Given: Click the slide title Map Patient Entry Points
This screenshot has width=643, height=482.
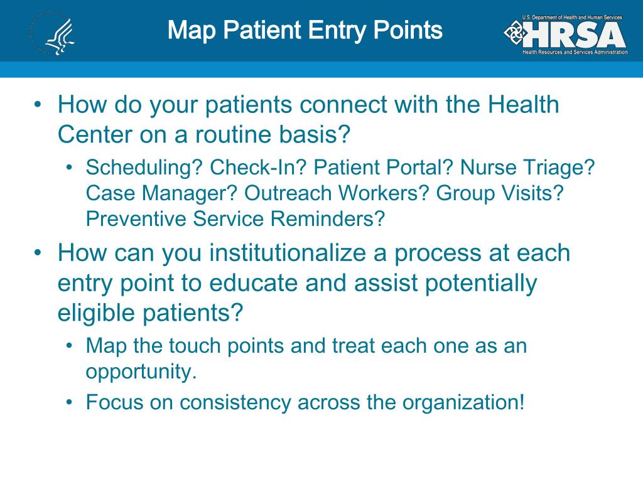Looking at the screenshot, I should point(305,29).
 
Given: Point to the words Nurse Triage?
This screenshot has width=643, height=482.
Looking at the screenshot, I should point(527,168).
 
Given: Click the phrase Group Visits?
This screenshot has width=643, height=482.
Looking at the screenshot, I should point(499,193).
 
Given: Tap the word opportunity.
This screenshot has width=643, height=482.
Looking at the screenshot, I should point(141,372).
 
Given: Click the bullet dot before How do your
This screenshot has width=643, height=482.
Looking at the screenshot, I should point(39,104).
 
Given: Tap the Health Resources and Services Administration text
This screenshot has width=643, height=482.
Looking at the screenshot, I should point(575,52).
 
